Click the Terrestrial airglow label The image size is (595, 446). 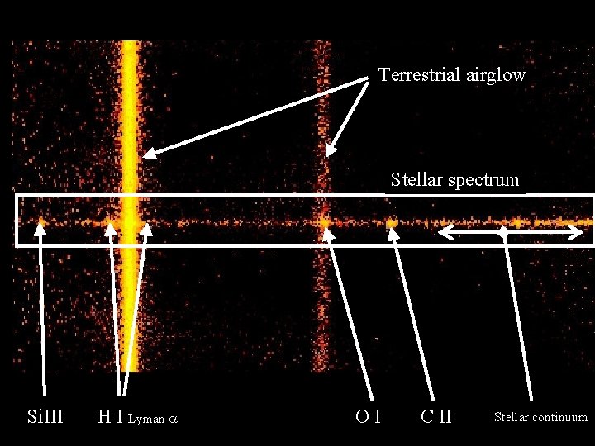point(452,75)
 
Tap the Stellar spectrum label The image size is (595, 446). point(455,179)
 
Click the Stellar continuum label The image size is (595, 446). point(540,417)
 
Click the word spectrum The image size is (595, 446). point(483,180)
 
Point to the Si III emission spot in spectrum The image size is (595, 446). point(41,221)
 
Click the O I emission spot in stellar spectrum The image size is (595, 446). point(325,221)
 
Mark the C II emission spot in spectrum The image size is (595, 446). point(391,222)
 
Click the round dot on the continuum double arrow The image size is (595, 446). point(504,233)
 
